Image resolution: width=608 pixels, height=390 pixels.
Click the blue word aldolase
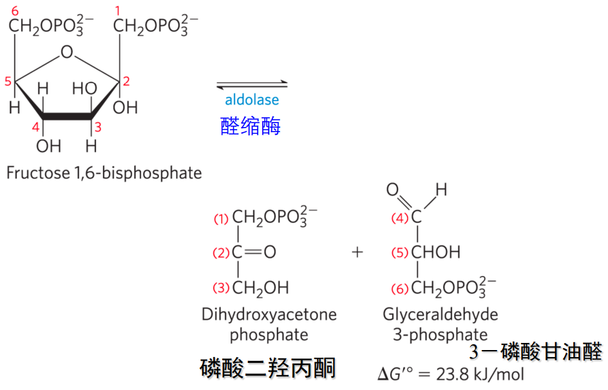(x=252, y=101)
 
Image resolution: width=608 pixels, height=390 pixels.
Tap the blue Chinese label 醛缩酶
(x=251, y=126)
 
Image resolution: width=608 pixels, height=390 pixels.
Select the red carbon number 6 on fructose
(x=15, y=10)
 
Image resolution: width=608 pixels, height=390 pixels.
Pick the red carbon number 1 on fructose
(x=117, y=10)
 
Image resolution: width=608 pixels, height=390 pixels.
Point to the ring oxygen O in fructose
(x=67, y=52)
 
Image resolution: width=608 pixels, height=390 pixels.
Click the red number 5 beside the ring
(x=8, y=81)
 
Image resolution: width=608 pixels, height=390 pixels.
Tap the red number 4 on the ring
(x=37, y=126)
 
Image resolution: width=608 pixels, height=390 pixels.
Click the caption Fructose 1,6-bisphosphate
(x=104, y=173)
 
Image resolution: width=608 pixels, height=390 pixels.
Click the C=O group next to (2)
(x=254, y=252)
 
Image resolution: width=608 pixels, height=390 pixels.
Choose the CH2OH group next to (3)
(x=260, y=288)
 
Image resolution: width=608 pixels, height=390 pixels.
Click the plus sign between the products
(x=357, y=251)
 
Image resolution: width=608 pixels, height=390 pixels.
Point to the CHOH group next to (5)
(x=435, y=252)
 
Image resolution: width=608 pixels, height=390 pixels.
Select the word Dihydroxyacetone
(x=269, y=315)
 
